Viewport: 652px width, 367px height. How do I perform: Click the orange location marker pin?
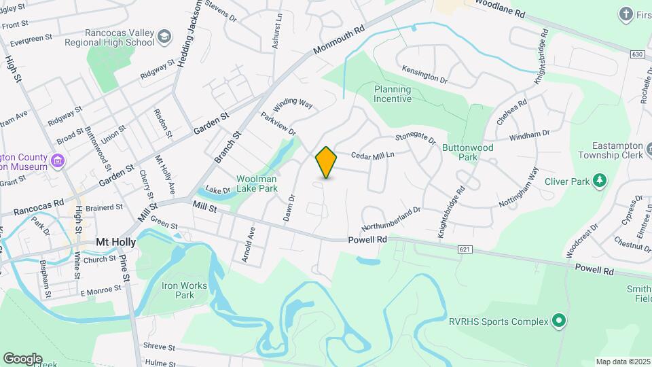[327, 162]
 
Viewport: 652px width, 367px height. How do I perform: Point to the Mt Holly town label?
[115, 242]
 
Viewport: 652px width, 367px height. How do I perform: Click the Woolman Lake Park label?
[257, 183]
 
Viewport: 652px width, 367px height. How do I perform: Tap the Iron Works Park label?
[178, 290]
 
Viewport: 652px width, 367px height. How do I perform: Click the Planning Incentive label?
[393, 94]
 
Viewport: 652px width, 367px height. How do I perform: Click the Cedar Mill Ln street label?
[373, 156]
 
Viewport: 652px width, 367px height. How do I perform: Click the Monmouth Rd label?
[340, 42]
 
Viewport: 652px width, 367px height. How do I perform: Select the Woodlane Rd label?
[501, 9]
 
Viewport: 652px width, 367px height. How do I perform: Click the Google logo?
[22, 358]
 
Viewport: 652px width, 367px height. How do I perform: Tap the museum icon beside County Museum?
[58, 162]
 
